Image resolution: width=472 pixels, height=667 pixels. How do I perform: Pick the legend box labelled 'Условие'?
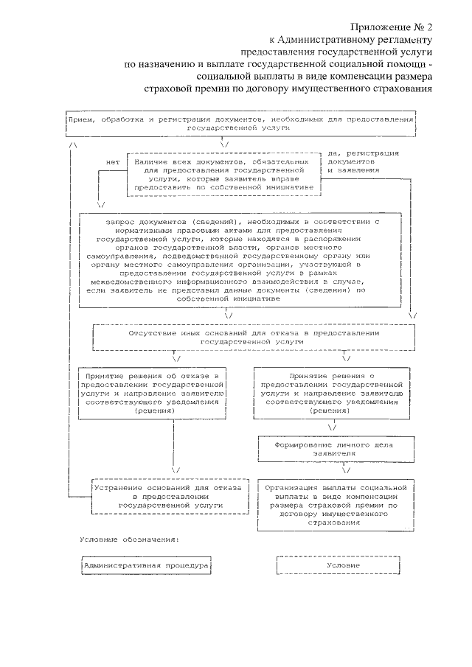point(329,565)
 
